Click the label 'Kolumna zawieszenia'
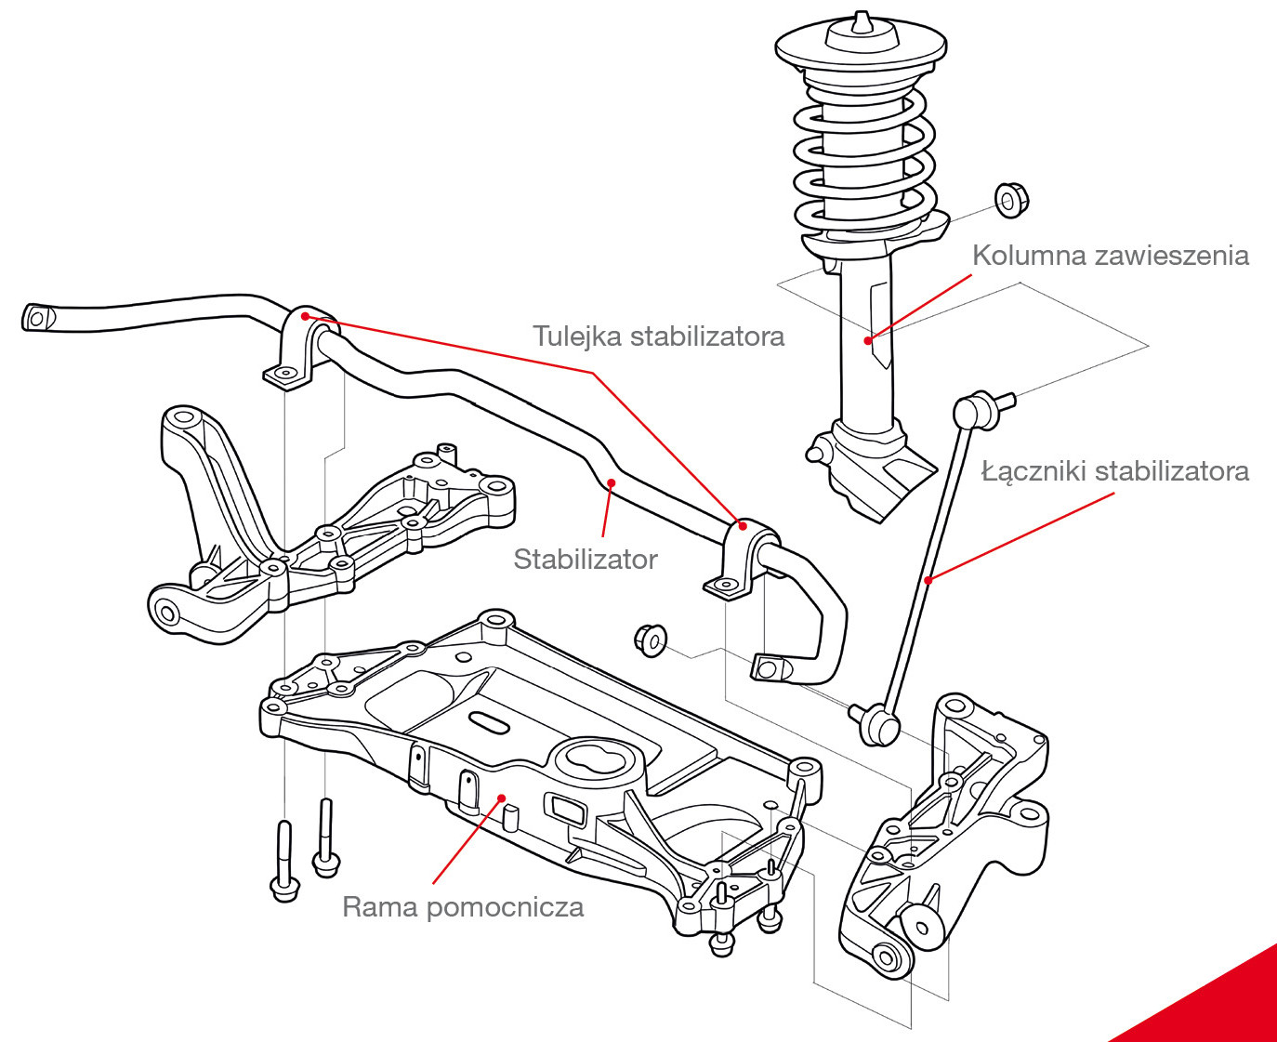[1110, 256]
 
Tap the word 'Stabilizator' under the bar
[585, 560]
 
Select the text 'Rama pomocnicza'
[463, 907]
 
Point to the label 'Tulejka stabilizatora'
[658, 336]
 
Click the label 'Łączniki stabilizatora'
[1114, 471]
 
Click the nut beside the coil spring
[1010, 200]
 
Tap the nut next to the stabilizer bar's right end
[650, 640]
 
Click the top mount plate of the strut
[861, 46]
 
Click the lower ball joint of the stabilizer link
[879, 723]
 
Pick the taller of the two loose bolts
[283, 860]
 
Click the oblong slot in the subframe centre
[489, 722]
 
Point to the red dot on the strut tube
[868, 340]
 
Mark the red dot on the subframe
[502, 798]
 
